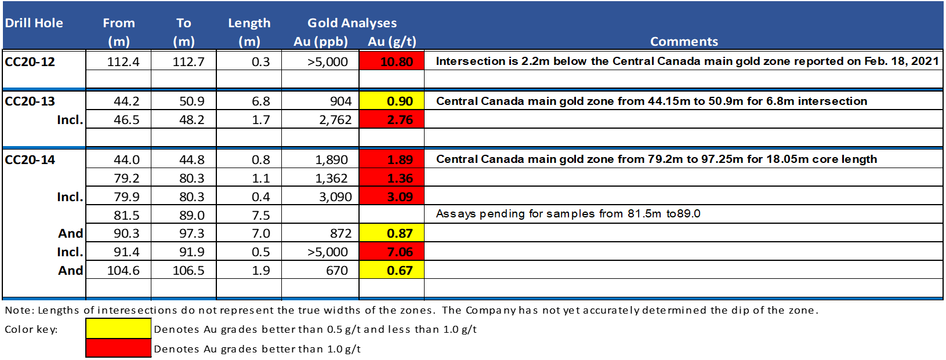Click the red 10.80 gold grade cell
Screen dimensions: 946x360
[x=392, y=61]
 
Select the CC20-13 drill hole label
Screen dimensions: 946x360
[x=30, y=101]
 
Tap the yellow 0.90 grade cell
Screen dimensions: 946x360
[x=392, y=101]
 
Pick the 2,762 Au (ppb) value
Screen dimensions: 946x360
[x=335, y=120]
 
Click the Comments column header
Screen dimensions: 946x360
[x=684, y=41]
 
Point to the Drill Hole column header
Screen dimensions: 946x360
[x=34, y=23]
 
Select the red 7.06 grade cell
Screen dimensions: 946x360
[x=392, y=252]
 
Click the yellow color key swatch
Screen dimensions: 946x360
[x=118, y=328]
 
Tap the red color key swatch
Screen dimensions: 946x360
[x=118, y=348]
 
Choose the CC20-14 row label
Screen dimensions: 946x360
[x=30, y=159]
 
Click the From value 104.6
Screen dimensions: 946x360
[x=123, y=270]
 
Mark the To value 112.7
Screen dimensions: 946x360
[x=189, y=61]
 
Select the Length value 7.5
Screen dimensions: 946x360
[x=260, y=215]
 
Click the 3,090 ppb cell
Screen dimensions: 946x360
[x=335, y=197]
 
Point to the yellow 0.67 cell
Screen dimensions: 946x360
[x=392, y=270]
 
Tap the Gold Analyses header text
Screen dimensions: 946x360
[x=352, y=23]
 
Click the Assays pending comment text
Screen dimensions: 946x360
[x=568, y=213]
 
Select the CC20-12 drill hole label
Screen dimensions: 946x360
[x=30, y=61]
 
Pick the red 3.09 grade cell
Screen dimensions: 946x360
[x=392, y=197]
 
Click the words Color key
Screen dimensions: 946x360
[x=31, y=329]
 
